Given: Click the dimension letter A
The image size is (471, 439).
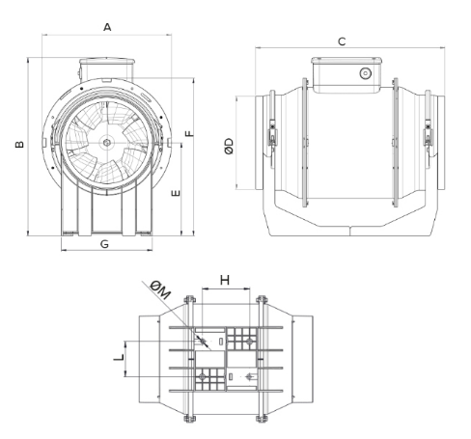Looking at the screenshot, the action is [107, 27].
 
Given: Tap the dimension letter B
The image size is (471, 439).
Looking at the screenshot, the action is [19, 144].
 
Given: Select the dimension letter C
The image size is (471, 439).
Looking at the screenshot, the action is [342, 41].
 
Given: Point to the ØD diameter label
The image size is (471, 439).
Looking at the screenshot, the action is [229, 147].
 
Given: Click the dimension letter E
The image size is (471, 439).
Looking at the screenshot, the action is [176, 193].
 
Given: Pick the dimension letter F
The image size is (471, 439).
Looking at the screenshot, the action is [190, 133].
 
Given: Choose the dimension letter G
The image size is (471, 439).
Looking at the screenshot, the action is [104, 244].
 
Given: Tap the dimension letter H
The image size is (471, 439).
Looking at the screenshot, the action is [225, 280].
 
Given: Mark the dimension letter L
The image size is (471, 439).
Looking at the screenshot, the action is [119, 356].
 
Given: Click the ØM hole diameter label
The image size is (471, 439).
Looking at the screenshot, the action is [160, 289].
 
